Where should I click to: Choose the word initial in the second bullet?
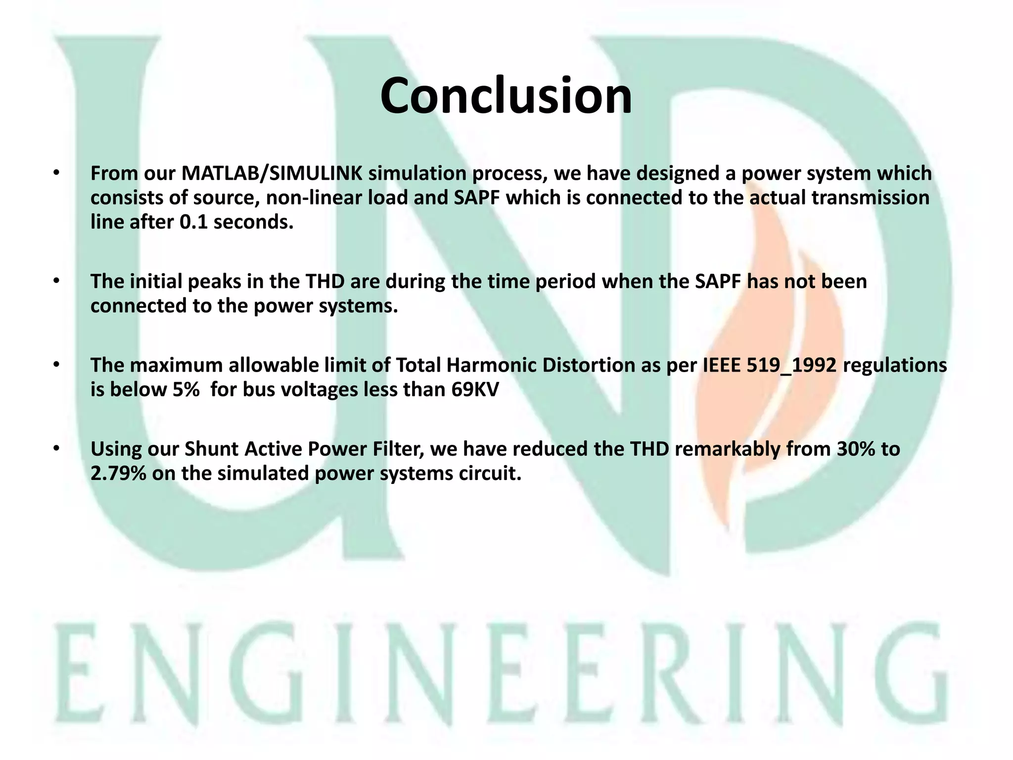point(159,282)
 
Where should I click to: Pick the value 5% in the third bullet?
point(186,390)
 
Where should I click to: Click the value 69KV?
point(475,390)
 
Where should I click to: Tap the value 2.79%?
point(118,474)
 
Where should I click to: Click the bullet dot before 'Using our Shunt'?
point(57,448)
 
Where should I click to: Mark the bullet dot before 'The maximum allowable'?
point(57,365)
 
